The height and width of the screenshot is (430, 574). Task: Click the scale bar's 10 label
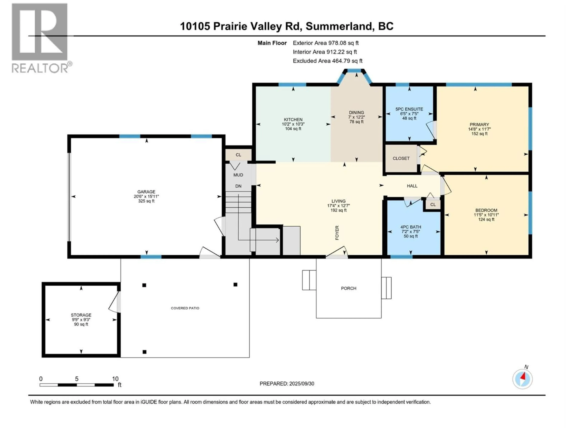point(115,379)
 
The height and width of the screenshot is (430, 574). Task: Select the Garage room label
point(146,192)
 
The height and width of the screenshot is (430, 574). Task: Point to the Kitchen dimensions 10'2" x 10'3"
point(293,124)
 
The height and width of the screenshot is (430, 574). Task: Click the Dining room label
point(357,112)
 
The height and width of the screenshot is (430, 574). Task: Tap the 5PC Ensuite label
point(409,109)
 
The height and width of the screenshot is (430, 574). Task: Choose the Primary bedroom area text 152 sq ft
point(479,134)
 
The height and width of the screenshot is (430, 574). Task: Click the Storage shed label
point(81,315)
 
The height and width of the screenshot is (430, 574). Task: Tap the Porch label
point(348,288)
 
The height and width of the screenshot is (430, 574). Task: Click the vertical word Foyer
point(337,232)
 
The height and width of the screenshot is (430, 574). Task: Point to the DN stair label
point(238,186)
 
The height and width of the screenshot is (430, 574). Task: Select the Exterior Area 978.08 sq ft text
point(326,43)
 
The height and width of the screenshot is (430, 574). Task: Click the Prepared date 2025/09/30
point(287,384)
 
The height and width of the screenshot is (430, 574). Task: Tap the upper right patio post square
point(235,285)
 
